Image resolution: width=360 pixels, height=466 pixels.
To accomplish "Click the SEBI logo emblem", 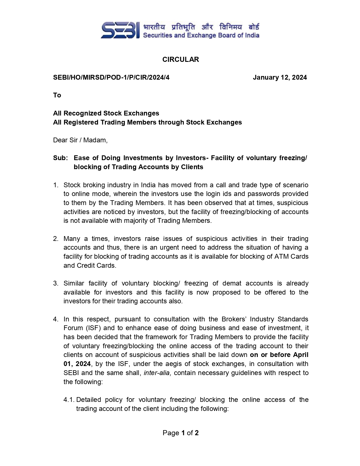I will [x=120, y=30].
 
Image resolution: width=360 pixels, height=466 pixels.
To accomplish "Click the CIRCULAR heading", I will [x=180, y=59].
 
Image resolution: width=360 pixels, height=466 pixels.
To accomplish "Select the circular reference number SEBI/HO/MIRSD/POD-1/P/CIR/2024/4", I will [x=111, y=77].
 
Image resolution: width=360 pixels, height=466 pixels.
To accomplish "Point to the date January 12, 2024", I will [x=280, y=77].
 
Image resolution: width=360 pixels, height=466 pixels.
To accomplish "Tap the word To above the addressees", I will [x=57, y=95].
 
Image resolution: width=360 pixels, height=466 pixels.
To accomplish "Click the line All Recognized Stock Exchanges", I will [x=106, y=113].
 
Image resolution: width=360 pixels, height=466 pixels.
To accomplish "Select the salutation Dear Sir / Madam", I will [x=80, y=140].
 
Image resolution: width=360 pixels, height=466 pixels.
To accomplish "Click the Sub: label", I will [x=60, y=158].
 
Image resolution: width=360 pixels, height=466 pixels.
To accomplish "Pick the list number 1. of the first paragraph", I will [x=56, y=185].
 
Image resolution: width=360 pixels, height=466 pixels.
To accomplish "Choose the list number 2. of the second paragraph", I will [x=56, y=239].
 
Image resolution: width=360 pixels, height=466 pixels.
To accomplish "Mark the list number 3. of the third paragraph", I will [x=56, y=283].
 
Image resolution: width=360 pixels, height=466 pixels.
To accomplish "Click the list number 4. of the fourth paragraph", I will [x=56, y=319].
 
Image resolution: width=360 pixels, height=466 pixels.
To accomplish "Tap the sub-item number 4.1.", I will [x=69, y=400].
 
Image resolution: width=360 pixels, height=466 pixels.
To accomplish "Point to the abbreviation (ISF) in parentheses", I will [x=93, y=328].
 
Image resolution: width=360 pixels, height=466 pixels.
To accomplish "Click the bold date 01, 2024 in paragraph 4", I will [x=77, y=364].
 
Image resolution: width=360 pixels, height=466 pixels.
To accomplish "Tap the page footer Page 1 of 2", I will [x=180, y=433].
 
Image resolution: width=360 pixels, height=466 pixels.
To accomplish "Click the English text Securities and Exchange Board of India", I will [x=201, y=35].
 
